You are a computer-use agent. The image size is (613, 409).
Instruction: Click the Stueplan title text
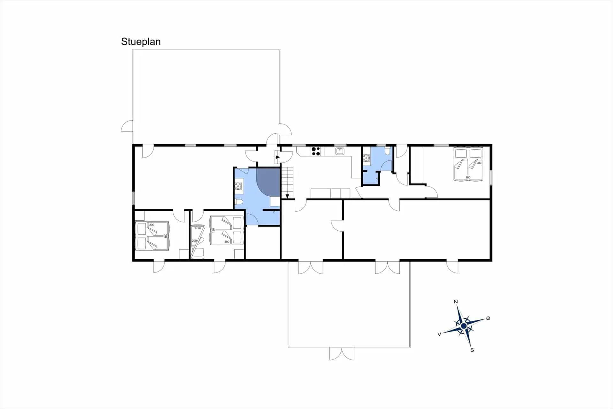[141, 42]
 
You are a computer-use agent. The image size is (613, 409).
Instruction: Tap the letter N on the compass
[456, 302]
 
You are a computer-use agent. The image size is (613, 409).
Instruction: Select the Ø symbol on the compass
[488, 318]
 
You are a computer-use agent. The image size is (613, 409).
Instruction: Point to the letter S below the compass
[472, 350]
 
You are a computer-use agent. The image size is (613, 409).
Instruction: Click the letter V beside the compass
[439, 334]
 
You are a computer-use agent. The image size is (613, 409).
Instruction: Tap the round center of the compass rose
[464, 326]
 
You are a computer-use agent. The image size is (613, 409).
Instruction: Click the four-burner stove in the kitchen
[316, 151]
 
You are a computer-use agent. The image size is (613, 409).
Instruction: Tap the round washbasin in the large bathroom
[238, 186]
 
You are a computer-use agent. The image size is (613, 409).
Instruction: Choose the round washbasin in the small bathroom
[366, 158]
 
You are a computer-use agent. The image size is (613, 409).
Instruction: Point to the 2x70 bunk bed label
[198, 228]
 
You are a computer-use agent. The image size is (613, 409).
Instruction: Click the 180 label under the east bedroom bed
[468, 177]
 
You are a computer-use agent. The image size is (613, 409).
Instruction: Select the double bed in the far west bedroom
[152, 236]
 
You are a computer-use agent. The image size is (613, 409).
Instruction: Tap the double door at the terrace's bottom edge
[342, 354]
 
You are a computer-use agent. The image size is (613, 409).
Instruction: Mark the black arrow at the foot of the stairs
[287, 196]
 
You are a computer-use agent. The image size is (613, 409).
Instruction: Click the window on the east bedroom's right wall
[491, 177]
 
